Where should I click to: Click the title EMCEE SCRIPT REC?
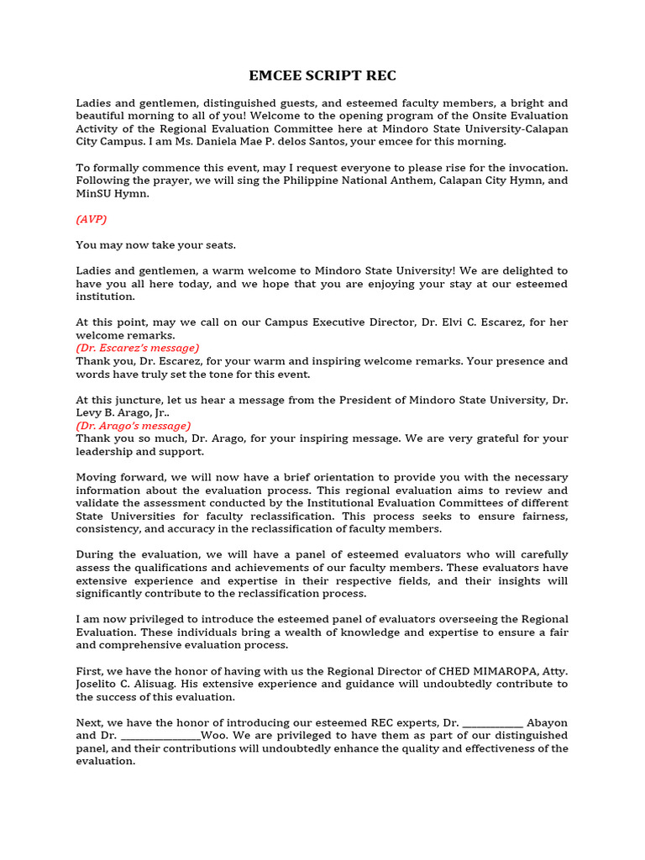pos(322,76)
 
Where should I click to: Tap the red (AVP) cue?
pos(92,219)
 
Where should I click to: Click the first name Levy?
pos(91,413)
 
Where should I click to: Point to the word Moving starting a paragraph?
pos(98,477)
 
